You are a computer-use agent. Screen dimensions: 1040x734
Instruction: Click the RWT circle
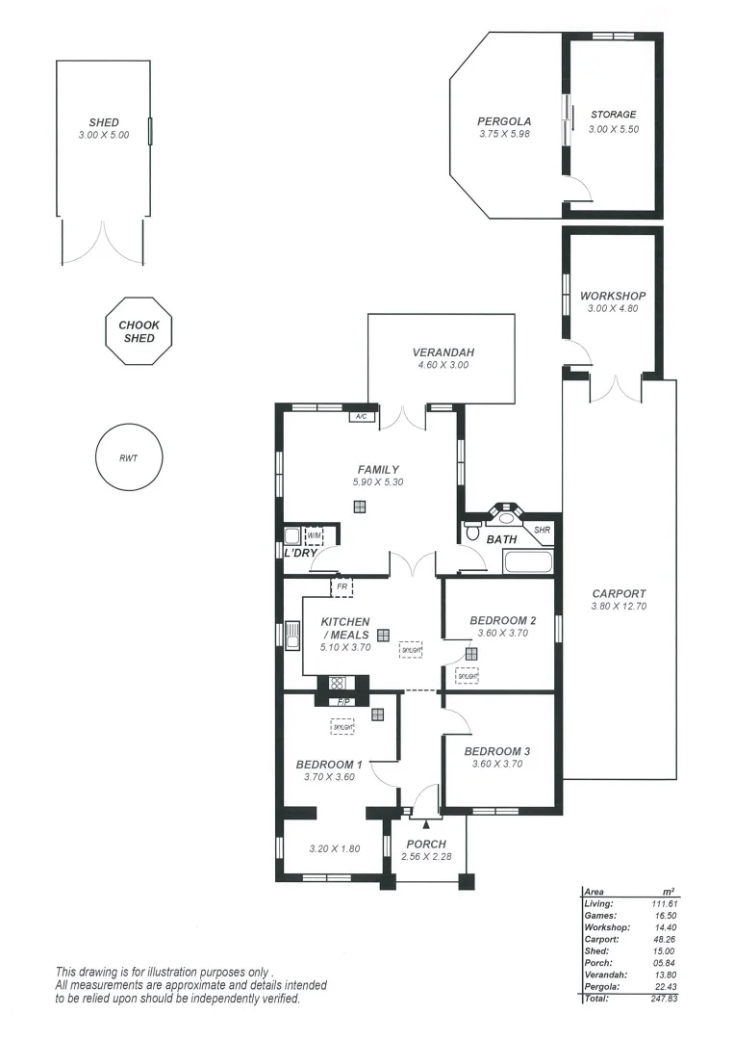tap(129, 457)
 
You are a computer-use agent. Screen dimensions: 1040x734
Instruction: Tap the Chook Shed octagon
tap(139, 332)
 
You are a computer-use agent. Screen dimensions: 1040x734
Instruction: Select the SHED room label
tap(104, 122)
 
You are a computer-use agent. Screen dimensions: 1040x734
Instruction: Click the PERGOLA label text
tap(504, 121)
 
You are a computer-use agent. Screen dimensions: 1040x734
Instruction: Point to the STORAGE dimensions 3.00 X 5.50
tap(614, 128)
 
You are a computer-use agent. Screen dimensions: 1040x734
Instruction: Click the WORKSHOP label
tap(613, 296)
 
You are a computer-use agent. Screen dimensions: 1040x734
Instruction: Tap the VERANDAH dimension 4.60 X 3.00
tap(443, 365)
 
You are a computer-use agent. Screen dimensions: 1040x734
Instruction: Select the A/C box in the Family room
tap(362, 416)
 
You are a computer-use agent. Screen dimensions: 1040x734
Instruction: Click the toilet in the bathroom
tap(472, 531)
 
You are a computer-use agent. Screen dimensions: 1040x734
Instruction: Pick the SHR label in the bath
tap(542, 530)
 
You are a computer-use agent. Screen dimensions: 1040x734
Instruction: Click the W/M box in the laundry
tap(314, 536)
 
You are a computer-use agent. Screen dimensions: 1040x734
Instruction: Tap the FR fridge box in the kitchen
tap(342, 585)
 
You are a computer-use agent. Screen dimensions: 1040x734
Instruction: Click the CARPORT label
tap(619, 594)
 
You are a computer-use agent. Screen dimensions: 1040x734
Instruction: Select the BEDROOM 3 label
tap(496, 751)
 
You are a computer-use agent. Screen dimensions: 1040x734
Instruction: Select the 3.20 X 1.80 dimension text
tap(334, 848)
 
